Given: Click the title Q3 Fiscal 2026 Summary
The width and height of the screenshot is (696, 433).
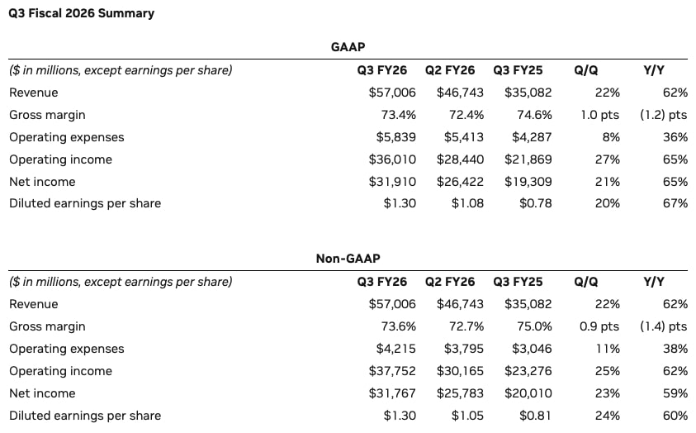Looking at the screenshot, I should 81,13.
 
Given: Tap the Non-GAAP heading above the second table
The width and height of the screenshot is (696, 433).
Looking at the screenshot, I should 348,259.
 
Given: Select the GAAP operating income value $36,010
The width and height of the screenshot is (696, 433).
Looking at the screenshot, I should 392,159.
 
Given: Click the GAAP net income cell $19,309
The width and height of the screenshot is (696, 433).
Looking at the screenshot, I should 528,181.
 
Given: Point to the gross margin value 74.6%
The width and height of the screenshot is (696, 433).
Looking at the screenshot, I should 534,115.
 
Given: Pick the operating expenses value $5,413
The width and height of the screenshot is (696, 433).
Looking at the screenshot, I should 461,136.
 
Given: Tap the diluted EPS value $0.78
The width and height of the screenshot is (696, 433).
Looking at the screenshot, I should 534,203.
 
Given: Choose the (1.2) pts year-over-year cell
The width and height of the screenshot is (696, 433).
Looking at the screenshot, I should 663,115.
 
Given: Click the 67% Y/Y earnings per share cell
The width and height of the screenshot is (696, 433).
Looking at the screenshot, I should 675,203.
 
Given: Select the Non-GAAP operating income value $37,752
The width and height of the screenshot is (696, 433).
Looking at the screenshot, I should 392,371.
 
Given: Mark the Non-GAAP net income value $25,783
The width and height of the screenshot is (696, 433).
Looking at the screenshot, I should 461,393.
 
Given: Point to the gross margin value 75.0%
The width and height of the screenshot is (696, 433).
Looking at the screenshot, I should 534,326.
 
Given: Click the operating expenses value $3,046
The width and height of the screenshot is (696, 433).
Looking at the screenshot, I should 528,349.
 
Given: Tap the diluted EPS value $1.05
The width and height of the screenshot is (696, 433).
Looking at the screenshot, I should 467,416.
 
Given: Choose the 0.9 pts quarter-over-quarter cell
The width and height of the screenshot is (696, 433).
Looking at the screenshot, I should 599,326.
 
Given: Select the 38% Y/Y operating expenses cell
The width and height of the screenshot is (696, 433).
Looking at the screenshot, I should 675,349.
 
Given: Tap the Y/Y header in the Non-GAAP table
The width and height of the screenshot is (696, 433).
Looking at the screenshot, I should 654,282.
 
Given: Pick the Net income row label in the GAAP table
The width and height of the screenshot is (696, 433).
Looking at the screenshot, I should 42,181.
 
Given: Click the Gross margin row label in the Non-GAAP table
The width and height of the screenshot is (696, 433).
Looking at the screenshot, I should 47,326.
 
